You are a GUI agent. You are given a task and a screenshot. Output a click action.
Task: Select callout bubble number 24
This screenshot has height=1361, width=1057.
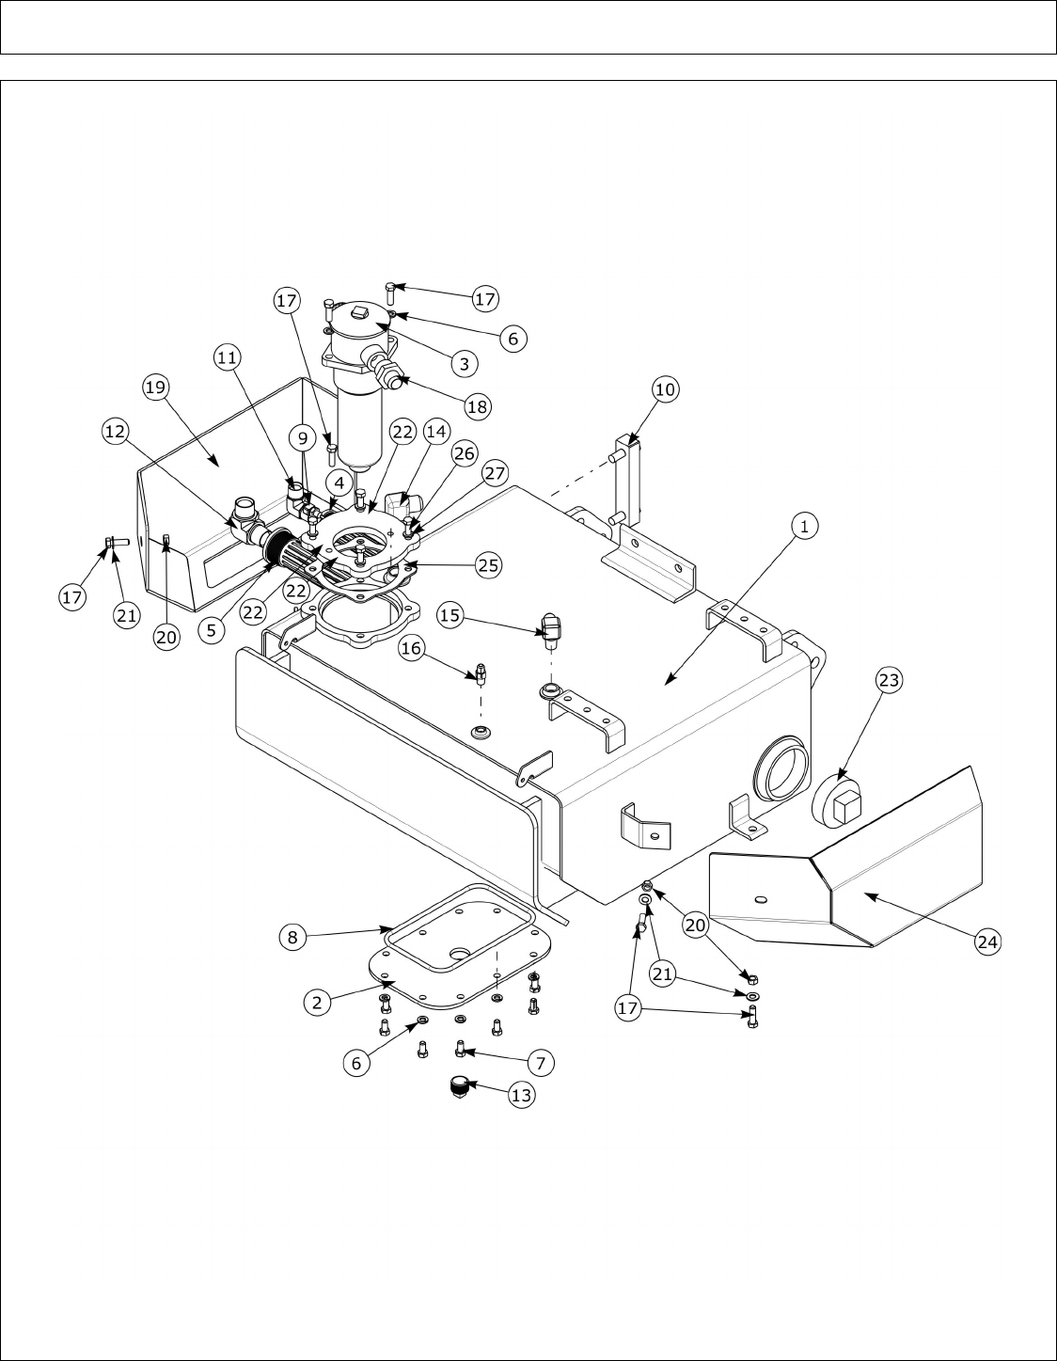(986, 942)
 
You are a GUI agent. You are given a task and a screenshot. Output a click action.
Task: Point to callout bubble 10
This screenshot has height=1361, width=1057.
(664, 388)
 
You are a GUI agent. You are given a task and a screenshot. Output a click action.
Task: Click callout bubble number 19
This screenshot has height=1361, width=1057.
(156, 385)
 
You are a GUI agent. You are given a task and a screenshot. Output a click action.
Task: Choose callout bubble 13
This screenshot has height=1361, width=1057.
(520, 1095)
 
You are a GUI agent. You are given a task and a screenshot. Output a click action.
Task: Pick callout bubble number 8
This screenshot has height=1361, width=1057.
(292, 936)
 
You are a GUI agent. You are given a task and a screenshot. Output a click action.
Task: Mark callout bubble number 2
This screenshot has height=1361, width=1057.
(317, 1003)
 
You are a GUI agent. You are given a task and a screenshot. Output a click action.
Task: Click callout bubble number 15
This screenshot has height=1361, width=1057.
(452, 615)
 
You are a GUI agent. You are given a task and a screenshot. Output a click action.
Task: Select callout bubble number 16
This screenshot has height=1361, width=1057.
(410, 648)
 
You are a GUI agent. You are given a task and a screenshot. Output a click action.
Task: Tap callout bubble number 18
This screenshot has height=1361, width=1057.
(477, 406)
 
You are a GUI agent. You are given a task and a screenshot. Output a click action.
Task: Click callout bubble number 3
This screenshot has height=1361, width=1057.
(464, 361)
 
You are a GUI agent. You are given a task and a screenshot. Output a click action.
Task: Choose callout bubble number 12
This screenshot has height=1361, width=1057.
(116, 431)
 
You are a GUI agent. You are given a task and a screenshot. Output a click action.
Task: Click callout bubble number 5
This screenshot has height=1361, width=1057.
(213, 630)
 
